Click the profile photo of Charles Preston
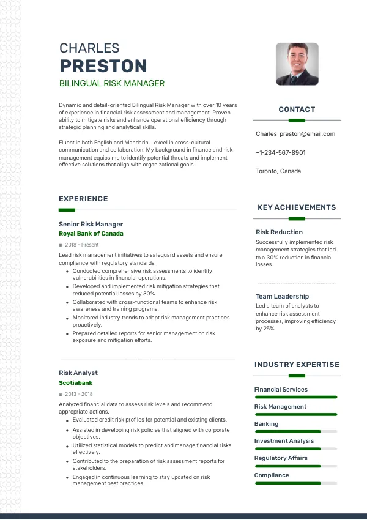click(x=297, y=64)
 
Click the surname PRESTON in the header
click(x=103, y=66)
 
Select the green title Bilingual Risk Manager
click(x=111, y=83)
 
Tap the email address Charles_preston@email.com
click(x=295, y=134)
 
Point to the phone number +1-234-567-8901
click(x=281, y=152)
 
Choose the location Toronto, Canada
click(x=278, y=171)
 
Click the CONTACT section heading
click(x=297, y=110)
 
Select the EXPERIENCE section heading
click(x=83, y=199)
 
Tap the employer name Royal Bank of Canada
click(x=91, y=234)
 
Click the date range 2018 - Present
click(x=81, y=245)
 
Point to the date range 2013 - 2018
click(x=78, y=394)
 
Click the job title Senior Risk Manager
click(x=91, y=224)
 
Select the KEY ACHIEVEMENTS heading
click(x=297, y=207)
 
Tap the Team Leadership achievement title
click(x=282, y=297)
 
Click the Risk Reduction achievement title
click(x=279, y=232)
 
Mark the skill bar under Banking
click(x=295, y=431)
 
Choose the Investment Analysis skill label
click(x=284, y=441)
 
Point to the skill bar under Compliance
click(x=295, y=483)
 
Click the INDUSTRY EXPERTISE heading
click(x=297, y=365)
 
